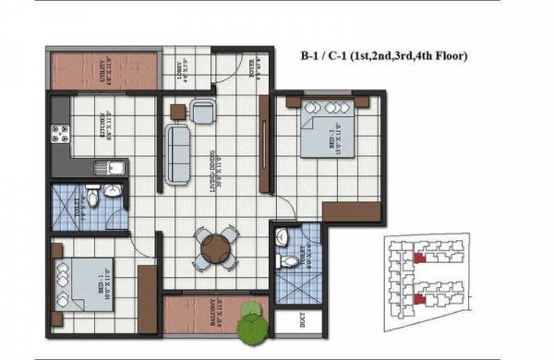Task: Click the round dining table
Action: tap(215, 248)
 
